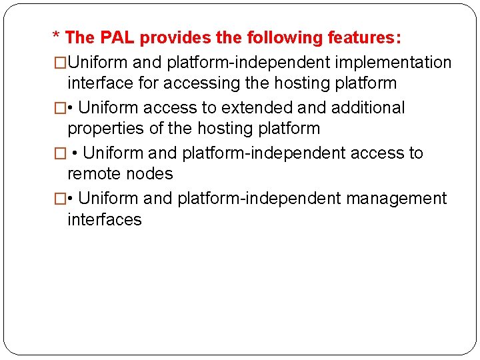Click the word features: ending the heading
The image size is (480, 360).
point(365,38)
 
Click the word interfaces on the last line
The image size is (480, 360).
point(105,219)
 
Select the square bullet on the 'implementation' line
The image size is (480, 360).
point(60,63)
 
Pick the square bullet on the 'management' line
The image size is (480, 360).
point(60,199)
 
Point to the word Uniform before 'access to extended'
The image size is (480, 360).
point(109,108)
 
